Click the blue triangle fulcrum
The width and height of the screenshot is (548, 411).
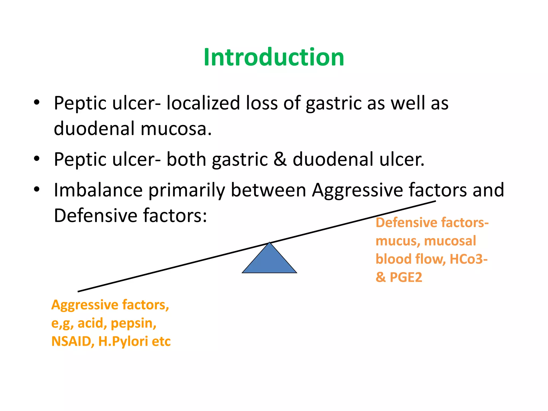(x=269, y=261)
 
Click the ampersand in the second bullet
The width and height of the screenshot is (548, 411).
(x=280, y=159)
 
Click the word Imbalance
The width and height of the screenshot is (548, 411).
(x=98, y=190)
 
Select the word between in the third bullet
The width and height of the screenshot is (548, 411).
(x=268, y=190)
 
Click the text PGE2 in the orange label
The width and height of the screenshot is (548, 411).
(x=406, y=277)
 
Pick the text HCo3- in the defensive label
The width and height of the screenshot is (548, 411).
(x=469, y=259)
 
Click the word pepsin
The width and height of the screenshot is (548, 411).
(x=133, y=324)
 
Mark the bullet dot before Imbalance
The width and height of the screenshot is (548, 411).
(x=37, y=189)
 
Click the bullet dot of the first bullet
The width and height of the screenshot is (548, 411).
(x=37, y=102)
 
